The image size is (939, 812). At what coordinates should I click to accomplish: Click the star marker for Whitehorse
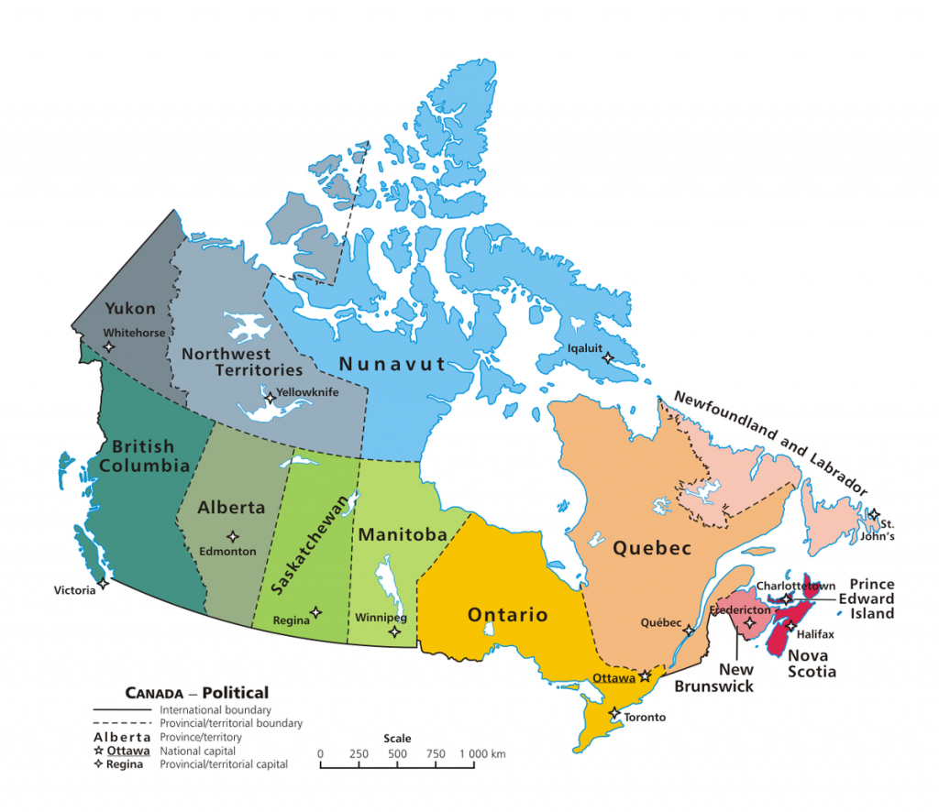point(109,346)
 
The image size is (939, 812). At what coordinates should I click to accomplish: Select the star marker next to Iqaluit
point(606,358)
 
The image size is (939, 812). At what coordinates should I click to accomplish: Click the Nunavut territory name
point(392,364)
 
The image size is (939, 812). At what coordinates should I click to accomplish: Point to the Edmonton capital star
point(233,536)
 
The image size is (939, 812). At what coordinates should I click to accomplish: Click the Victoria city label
point(74,590)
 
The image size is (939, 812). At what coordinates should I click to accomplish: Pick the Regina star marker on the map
point(316,612)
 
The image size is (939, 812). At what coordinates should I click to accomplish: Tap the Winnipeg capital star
point(394,631)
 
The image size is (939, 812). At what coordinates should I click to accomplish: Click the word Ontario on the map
point(507,614)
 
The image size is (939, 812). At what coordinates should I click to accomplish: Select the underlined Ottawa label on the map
point(614,678)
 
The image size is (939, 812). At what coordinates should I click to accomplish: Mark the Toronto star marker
point(613,712)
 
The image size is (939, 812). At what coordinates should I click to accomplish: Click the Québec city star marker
point(689,631)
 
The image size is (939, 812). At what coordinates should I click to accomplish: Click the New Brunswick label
point(724,677)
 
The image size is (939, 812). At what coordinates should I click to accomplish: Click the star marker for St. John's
point(875,514)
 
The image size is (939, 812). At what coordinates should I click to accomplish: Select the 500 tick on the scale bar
point(397,754)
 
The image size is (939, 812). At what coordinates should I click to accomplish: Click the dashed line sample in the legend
point(124,723)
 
